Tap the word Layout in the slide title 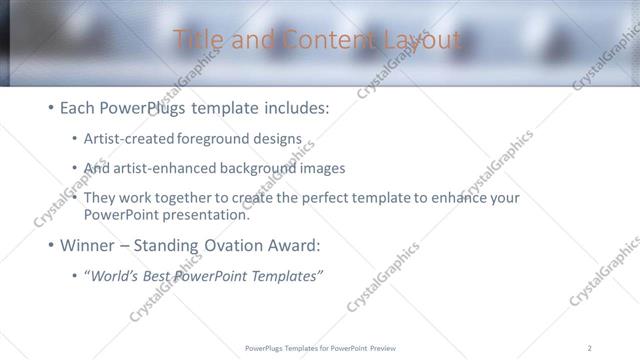(421, 40)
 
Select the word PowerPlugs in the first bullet (145, 105)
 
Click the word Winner (89, 245)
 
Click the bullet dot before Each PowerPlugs (51, 106)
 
